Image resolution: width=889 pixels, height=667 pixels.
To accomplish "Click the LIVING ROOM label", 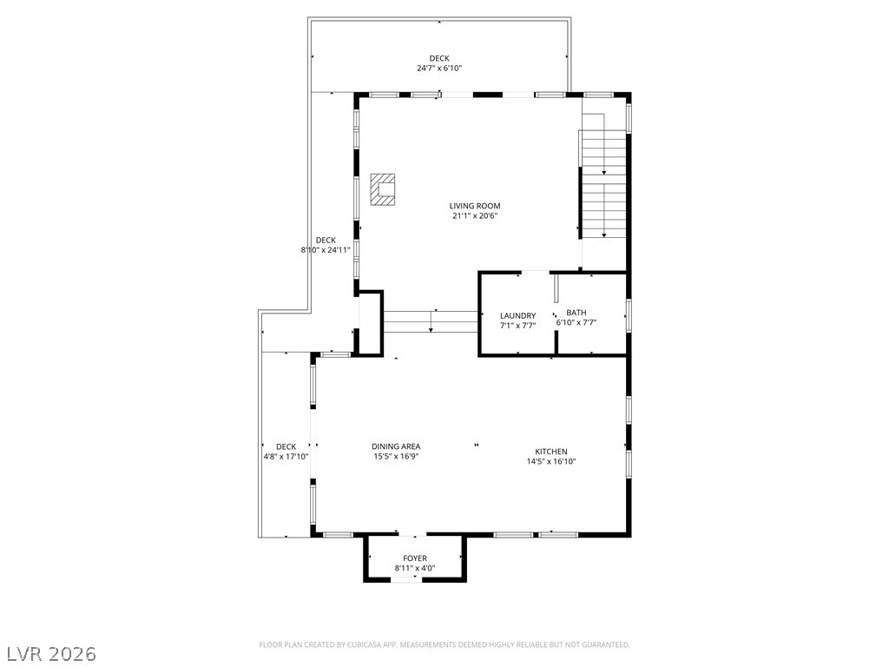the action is [x=475, y=206].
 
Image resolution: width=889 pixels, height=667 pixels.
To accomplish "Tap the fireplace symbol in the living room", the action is [x=383, y=189].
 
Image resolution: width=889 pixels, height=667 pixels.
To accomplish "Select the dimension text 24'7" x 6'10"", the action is [x=439, y=68].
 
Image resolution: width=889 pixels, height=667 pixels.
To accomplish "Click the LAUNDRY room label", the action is [x=517, y=316].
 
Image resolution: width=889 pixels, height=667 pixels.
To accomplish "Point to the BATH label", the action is [x=576, y=313].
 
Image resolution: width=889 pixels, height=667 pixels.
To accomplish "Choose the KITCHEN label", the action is [x=551, y=452].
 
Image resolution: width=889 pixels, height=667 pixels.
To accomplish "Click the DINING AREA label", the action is [x=396, y=446].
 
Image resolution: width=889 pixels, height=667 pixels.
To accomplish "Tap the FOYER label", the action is [x=415, y=558].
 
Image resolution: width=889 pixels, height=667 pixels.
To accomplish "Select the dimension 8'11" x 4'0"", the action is [x=415, y=568].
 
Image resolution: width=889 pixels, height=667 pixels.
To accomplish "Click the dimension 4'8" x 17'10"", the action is [x=286, y=456].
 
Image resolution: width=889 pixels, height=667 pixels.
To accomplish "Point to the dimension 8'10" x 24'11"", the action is [x=326, y=249].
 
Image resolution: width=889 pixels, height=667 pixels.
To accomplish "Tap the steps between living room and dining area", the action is [x=431, y=321].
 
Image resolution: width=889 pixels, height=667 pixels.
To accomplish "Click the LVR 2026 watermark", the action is [x=49, y=654].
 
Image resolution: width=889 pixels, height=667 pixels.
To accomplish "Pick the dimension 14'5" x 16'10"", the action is [x=551, y=462].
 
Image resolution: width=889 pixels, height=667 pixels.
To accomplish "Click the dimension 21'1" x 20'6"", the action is [x=475, y=216].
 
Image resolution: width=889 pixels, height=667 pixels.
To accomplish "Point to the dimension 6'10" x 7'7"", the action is [x=576, y=323].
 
